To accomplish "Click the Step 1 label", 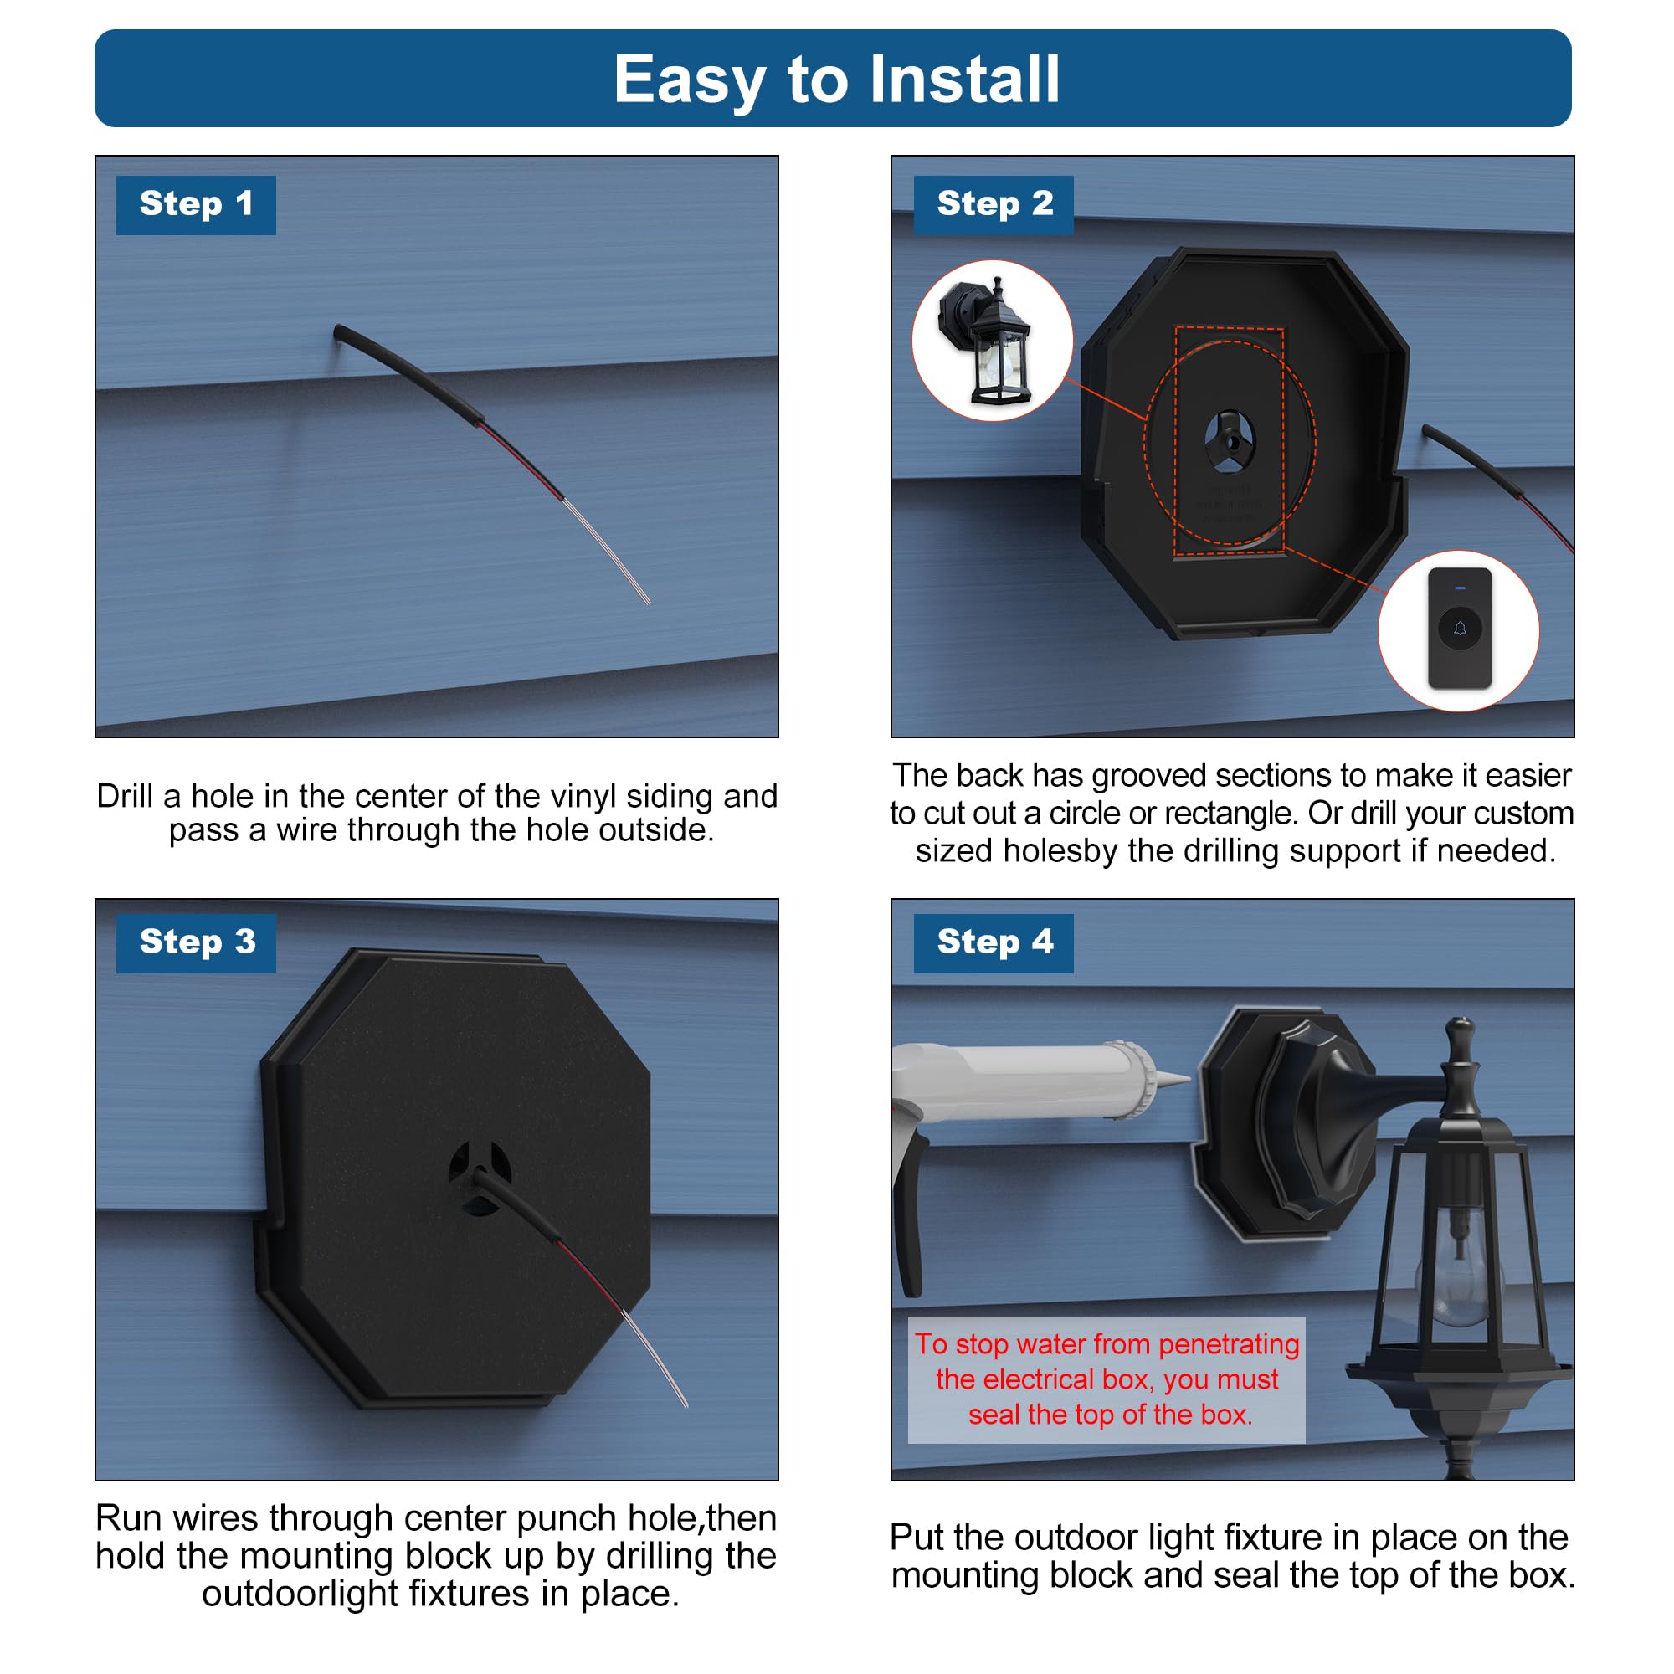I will (196, 204).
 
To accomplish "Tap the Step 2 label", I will (993, 204).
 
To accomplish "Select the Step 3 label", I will (196, 942).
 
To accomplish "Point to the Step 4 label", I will (993, 942).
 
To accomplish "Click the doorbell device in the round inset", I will (1459, 629).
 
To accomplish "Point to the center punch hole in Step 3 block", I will (479, 1177).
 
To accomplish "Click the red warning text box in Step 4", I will (1106, 1379).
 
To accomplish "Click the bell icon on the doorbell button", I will (1459, 629).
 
